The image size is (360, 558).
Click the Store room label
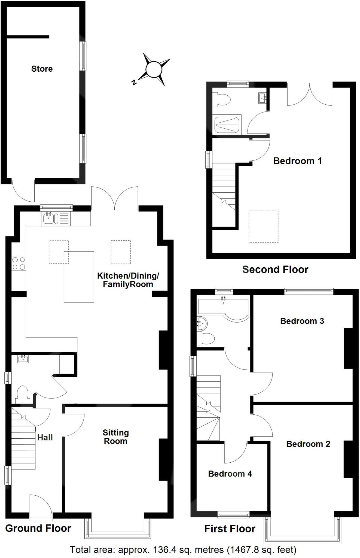42,69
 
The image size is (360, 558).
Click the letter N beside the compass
134,82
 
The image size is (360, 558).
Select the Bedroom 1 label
297,161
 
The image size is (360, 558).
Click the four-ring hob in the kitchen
19,263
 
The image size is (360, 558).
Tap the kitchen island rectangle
79,277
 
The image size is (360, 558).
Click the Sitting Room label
116,437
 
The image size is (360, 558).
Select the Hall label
45,438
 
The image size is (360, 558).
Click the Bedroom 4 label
230,474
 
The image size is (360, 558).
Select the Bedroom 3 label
302,321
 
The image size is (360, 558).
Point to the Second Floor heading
275,269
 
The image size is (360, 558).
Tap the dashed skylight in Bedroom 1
263,226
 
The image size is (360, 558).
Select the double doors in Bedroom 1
310,95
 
